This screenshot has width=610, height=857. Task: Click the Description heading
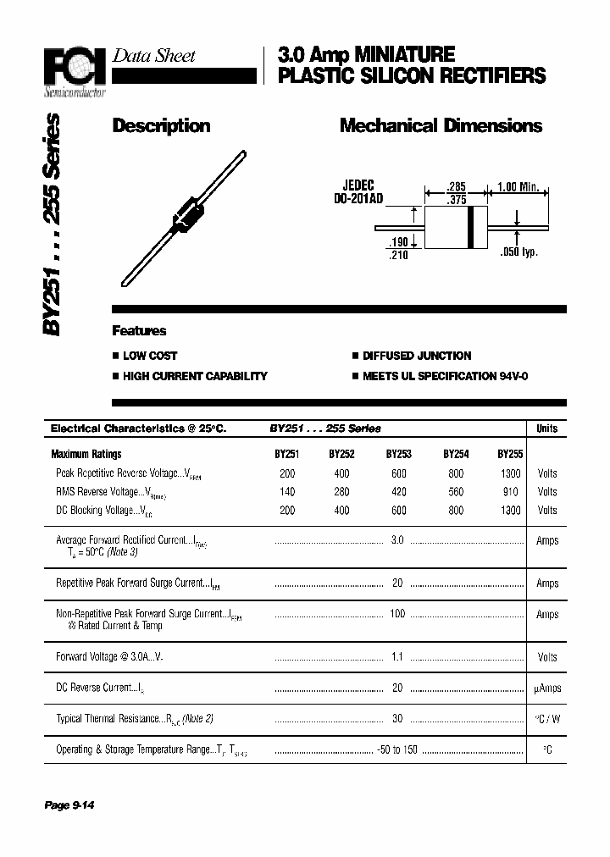pyautogui.click(x=161, y=126)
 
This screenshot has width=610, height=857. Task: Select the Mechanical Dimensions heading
pyautogui.click(x=441, y=126)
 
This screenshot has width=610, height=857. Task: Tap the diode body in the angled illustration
pyautogui.click(x=188, y=213)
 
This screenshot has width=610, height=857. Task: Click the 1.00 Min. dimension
pyautogui.click(x=518, y=187)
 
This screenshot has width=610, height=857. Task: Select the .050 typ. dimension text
pyautogui.click(x=518, y=252)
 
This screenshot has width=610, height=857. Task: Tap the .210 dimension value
pyautogui.click(x=397, y=255)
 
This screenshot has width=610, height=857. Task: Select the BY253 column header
pyautogui.click(x=398, y=454)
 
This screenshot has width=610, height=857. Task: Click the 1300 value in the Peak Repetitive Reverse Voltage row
pyautogui.click(x=511, y=473)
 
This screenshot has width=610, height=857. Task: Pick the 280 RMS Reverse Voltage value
pyautogui.click(x=341, y=492)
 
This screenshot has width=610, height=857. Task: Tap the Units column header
pyautogui.click(x=547, y=428)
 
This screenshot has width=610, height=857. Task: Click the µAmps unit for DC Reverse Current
pyautogui.click(x=547, y=688)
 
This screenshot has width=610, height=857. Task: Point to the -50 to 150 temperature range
pyautogui.click(x=397, y=749)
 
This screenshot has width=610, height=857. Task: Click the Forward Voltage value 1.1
pyautogui.click(x=397, y=656)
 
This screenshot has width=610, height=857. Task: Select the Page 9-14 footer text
pyautogui.click(x=69, y=804)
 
